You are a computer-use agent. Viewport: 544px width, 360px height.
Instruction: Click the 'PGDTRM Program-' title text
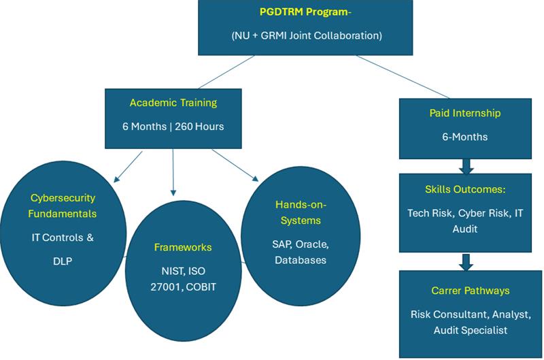click(x=305, y=12)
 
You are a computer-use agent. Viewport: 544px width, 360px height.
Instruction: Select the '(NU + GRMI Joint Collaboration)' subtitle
click(x=307, y=35)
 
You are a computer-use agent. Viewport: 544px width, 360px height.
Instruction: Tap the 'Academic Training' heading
click(x=173, y=103)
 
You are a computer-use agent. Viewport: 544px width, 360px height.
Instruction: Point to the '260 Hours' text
click(x=199, y=127)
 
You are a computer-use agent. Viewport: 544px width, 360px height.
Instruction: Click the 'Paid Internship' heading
click(x=465, y=113)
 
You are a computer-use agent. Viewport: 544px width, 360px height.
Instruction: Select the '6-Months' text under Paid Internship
click(x=465, y=137)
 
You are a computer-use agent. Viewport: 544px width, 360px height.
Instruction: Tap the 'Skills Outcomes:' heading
click(x=465, y=190)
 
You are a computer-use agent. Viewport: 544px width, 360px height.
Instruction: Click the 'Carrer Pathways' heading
click(x=470, y=291)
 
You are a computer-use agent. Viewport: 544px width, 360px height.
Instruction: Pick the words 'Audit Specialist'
click(x=470, y=330)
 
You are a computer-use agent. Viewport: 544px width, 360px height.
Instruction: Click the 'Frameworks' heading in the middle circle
click(x=183, y=247)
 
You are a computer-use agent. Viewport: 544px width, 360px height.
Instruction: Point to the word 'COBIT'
click(x=201, y=287)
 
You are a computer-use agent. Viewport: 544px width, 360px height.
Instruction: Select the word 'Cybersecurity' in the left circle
click(x=63, y=198)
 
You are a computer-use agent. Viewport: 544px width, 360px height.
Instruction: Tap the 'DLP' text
click(x=63, y=261)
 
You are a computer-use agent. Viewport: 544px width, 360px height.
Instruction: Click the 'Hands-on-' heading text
click(x=301, y=205)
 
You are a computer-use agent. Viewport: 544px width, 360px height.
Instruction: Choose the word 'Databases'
click(x=301, y=260)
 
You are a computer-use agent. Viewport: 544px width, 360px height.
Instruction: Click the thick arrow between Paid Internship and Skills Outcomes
click(x=466, y=167)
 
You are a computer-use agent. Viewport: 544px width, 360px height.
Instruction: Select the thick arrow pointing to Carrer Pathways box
click(x=466, y=262)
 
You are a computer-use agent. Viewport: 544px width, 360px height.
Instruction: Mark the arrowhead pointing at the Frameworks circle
click(x=173, y=193)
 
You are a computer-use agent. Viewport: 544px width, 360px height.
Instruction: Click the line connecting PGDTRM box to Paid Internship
click(x=403, y=77)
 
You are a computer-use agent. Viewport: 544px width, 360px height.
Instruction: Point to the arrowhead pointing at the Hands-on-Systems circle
click(x=256, y=178)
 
